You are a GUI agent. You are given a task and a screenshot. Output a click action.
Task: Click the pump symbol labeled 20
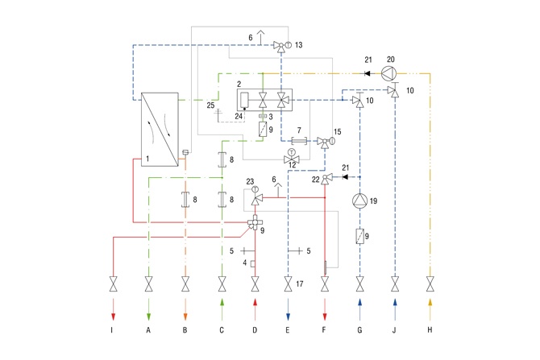point(388,73)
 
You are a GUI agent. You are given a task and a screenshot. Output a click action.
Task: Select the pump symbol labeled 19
point(360,201)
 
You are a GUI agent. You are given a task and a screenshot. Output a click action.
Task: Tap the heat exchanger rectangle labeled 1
point(160,130)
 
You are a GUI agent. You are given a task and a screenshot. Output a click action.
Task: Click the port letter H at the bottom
point(430,330)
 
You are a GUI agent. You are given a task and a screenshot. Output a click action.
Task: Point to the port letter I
point(112,330)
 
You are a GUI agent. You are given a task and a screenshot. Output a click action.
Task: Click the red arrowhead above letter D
point(255,302)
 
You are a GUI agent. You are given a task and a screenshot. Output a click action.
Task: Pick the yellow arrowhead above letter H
point(430,302)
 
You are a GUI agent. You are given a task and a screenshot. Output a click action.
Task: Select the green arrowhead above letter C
point(222,302)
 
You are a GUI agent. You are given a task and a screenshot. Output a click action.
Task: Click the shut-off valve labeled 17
point(289,284)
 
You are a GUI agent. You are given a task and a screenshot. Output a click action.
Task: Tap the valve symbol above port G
point(360,284)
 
